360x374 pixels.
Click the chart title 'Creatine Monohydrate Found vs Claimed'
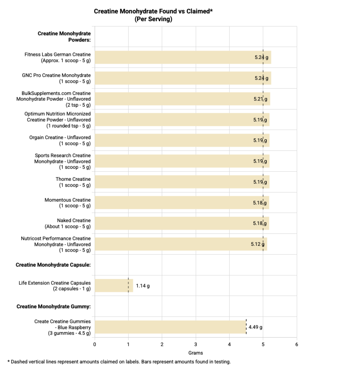point(153,11)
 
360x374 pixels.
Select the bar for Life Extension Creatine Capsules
point(114,286)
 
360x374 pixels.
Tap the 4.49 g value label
point(255,327)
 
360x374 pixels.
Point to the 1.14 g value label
point(143,286)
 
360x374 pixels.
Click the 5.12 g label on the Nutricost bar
point(258,244)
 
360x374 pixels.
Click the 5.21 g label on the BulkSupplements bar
point(261,99)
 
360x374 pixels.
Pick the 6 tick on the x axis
point(297,344)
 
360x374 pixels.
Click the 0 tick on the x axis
point(95,344)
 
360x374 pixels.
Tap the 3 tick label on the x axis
point(196,344)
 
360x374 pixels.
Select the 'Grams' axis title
point(196,353)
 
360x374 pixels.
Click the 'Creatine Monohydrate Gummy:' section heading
point(53,306)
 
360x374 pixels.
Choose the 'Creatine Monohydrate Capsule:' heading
point(53,265)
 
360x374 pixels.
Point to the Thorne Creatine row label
point(73,182)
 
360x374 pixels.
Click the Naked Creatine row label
point(68,224)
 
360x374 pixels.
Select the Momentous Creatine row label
point(68,203)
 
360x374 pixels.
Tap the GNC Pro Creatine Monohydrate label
point(56,78)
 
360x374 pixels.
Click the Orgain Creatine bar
point(182,140)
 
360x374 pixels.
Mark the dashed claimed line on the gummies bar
point(246,327)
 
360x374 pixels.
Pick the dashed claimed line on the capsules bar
point(128,285)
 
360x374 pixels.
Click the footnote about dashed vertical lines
point(119,362)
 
